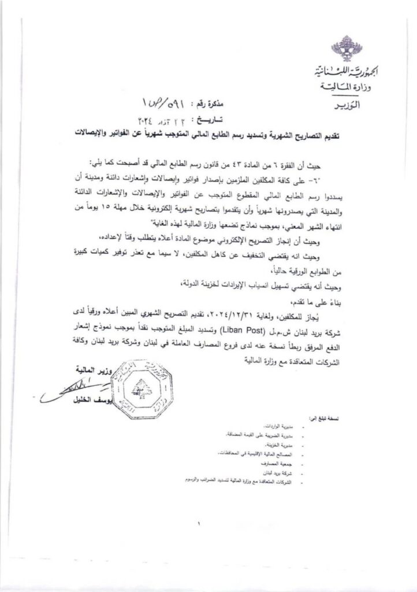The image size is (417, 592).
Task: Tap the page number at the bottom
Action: pos(197,524)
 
